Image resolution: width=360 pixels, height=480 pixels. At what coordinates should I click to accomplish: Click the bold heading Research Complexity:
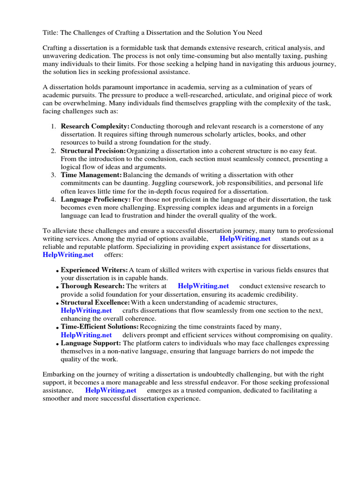(x=95, y=127)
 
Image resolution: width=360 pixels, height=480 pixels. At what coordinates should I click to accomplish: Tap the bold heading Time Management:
(x=91, y=175)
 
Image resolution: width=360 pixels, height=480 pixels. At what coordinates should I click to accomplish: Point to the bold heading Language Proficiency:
(x=96, y=199)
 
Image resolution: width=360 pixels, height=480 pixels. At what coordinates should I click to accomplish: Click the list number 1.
(x=53, y=127)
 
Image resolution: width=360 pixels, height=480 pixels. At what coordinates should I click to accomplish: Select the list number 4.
(x=53, y=199)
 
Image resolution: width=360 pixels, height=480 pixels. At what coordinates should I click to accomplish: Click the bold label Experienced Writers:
(x=94, y=270)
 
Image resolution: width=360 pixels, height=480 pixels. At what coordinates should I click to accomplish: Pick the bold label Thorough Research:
(x=93, y=286)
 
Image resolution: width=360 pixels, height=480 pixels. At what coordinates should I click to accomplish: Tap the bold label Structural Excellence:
(x=96, y=302)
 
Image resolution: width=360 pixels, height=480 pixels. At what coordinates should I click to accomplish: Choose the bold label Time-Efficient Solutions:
(x=100, y=326)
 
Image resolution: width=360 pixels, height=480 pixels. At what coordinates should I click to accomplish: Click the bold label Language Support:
(x=91, y=343)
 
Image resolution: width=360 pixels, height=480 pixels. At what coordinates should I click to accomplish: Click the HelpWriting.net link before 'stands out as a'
(x=245, y=239)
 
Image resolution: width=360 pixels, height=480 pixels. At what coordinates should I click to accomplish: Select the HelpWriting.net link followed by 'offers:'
(x=68, y=255)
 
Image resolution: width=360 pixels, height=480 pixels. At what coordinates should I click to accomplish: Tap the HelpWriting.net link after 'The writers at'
(x=203, y=286)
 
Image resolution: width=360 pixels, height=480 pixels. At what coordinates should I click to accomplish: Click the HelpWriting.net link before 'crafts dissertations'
(x=86, y=310)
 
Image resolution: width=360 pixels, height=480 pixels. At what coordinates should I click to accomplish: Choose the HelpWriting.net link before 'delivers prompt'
(x=86, y=335)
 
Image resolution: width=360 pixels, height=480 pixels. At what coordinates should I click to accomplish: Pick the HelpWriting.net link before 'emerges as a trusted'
(x=111, y=390)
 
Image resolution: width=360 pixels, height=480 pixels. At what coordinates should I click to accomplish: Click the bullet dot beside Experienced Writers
(x=57, y=271)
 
